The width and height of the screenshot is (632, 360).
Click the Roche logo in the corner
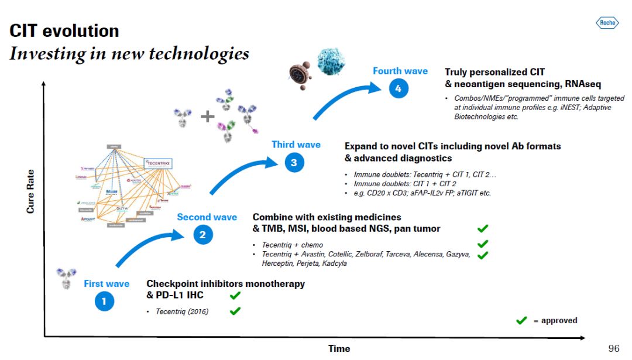(x=607, y=23)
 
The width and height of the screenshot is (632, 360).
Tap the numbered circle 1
(x=104, y=302)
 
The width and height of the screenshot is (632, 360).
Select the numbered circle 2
(x=202, y=235)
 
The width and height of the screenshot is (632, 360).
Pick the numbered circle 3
(x=294, y=163)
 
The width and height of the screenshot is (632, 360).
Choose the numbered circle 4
(x=398, y=89)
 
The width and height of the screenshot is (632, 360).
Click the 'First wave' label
(x=107, y=284)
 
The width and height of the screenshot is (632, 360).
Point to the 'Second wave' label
(x=207, y=217)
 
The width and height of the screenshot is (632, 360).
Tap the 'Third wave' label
(x=296, y=145)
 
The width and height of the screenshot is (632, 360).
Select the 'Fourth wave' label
(x=400, y=71)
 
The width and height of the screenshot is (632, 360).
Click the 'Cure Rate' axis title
(x=30, y=191)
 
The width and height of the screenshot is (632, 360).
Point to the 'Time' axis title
(x=339, y=349)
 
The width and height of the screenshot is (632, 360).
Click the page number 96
(x=614, y=348)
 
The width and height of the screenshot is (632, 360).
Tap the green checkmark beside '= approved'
(x=521, y=320)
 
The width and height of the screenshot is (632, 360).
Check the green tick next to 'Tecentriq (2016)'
(x=235, y=311)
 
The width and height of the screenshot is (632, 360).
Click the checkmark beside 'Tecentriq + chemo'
(x=483, y=244)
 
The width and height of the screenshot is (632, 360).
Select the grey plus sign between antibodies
(x=208, y=116)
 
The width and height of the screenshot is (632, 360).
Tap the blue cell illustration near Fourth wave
(x=331, y=62)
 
